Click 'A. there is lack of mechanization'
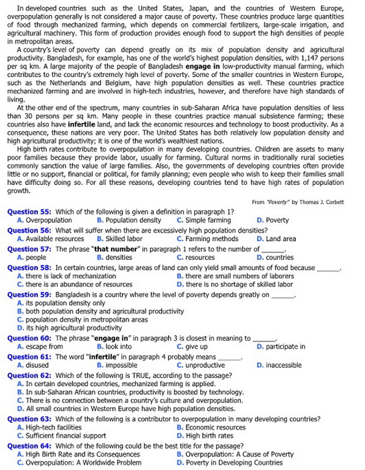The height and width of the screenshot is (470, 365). click(x=67, y=276)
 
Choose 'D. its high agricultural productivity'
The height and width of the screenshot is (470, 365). click(x=70, y=328)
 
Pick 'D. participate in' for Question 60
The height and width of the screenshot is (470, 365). click(x=281, y=347)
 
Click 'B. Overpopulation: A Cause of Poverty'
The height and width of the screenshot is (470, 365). click(x=235, y=454)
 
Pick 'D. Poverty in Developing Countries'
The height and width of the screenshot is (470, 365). click(x=230, y=463)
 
